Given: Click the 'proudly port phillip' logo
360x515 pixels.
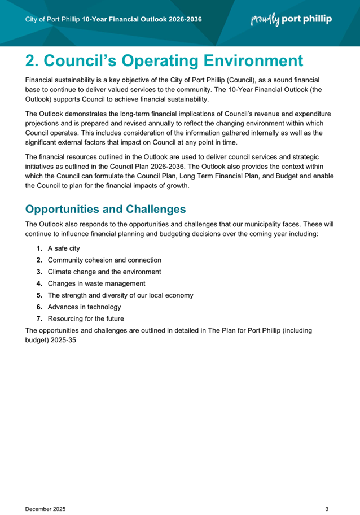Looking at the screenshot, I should tap(291, 19).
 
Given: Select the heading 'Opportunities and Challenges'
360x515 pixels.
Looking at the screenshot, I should tap(106, 209).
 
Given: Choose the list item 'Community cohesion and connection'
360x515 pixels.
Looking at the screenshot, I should tap(104, 260).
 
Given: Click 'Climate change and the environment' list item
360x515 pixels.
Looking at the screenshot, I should tap(104, 272).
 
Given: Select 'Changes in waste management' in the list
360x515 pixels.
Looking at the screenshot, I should tap(96, 283).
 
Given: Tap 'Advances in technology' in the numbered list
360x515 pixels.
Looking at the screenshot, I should tap(84, 307).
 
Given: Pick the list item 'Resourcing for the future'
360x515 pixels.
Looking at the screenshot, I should tap(86, 318).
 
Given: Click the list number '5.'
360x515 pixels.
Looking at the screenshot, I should tap(39, 295).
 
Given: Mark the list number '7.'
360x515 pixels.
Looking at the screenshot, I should tap(39, 318).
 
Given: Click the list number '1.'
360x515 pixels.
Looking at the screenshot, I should tap(39, 248).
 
